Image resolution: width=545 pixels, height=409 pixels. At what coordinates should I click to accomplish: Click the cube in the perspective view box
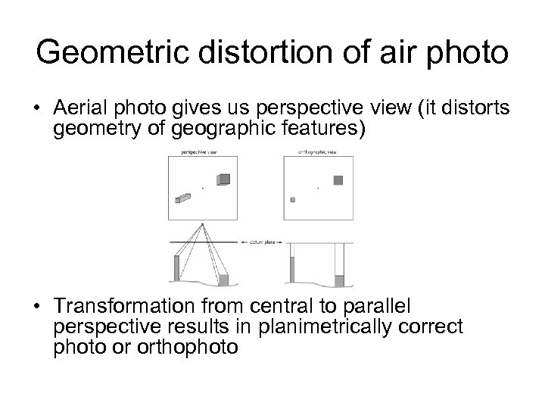pyautogui.click(x=223, y=180)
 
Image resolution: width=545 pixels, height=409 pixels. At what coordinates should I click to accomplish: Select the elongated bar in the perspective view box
pyautogui.click(x=182, y=198)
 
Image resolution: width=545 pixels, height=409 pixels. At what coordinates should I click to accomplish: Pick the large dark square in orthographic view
pyautogui.click(x=338, y=180)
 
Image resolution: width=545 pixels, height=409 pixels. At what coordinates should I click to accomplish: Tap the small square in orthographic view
pyautogui.click(x=292, y=199)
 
